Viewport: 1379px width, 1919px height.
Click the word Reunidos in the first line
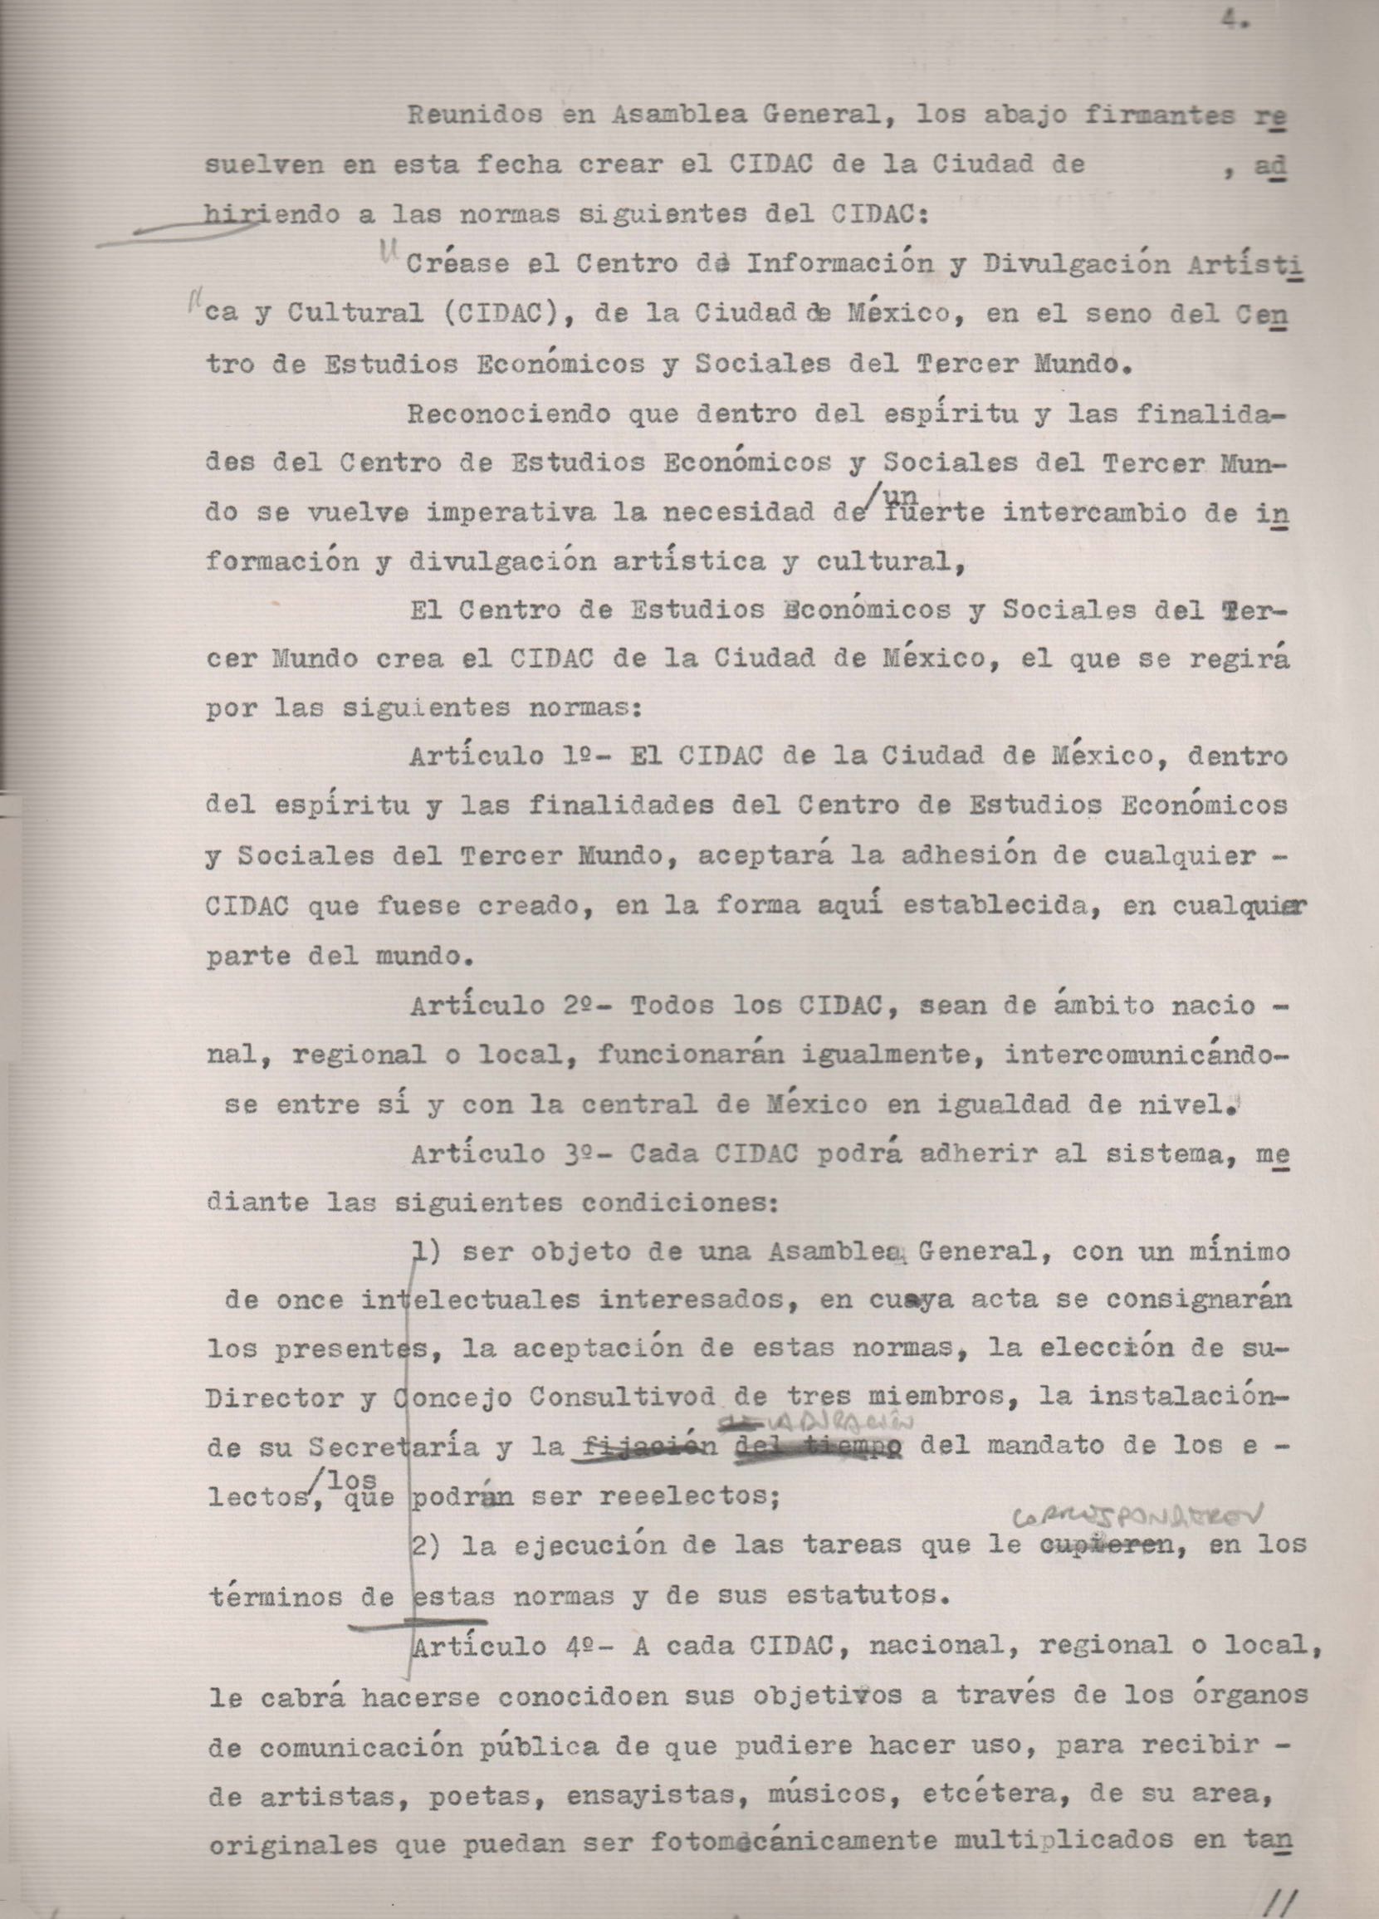coord(474,116)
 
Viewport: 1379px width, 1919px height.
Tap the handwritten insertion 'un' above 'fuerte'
coord(905,492)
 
